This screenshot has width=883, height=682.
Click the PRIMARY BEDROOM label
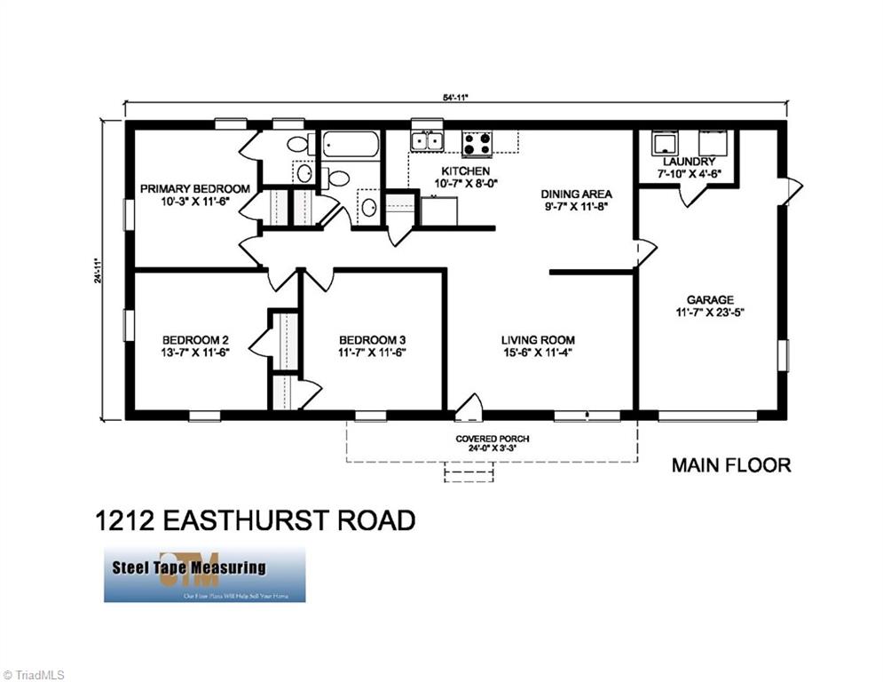[194, 188]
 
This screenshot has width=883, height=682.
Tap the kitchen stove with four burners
[477, 143]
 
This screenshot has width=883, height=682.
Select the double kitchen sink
[427, 141]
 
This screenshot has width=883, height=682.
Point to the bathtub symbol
[350, 144]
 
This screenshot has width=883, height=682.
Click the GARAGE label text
[709, 300]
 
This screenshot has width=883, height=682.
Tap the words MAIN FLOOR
[730, 464]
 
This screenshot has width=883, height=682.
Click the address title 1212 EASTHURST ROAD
[255, 519]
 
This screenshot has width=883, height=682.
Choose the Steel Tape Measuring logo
[204, 574]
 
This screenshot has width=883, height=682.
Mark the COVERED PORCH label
[492, 439]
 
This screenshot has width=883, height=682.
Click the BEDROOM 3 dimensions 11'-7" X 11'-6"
[373, 353]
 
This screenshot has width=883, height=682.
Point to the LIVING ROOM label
[537, 339]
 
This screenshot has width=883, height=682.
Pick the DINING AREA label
[576, 194]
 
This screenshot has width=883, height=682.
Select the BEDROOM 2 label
[195, 339]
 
